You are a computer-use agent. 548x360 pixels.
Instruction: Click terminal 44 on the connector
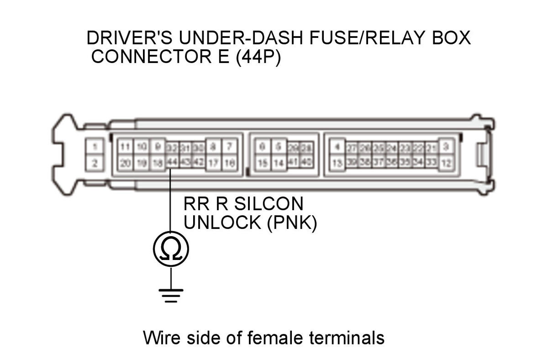(172, 163)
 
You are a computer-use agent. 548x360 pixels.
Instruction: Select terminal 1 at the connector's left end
(95, 147)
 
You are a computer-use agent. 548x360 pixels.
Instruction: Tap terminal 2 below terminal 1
(95, 163)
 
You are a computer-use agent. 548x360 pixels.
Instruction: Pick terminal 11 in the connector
(125, 147)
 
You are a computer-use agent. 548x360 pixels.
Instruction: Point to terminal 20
(125, 163)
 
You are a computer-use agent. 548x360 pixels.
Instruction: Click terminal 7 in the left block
(230, 147)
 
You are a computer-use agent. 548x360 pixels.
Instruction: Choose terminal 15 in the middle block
(262, 163)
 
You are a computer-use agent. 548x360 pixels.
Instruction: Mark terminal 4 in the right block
(337, 147)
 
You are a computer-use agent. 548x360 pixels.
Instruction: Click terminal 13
(337, 163)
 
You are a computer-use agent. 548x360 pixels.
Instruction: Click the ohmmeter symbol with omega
(171, 249)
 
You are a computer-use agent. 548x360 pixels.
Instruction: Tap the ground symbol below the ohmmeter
(171, 295)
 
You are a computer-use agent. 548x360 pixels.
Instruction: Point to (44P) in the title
(258, 58)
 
